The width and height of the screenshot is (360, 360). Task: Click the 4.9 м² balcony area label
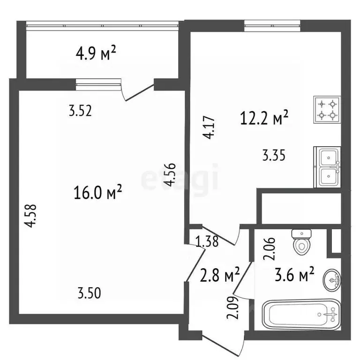click(96, 53)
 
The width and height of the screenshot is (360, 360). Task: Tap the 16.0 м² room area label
click(97, 192)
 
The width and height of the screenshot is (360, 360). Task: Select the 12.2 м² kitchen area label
click(264, 117)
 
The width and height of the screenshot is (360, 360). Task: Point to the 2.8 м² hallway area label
click(220, 274)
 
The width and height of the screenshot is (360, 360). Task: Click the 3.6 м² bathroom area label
click(294, 274)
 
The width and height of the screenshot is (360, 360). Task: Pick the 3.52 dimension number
click(80, 111)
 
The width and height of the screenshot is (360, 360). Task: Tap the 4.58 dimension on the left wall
click(31, 216)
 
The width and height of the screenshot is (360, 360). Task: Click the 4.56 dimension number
click(170, 174)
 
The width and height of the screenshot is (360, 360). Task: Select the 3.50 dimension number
click(90, 293)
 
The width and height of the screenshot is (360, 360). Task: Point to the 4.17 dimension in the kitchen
click(209, 127)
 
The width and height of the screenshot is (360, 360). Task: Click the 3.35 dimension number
click(274, 155)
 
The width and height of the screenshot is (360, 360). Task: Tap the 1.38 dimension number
click(207, 241)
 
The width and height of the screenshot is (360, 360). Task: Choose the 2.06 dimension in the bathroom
click(269, 249)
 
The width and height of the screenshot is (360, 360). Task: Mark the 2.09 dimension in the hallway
click(233, 308)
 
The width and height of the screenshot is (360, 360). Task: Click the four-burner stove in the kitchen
click(327, 110)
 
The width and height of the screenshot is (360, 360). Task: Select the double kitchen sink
click(327, 167)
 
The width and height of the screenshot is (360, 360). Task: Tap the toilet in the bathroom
click(301, 242)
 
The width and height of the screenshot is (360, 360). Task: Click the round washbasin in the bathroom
click(332, 280)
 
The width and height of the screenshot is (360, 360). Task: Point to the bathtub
click(301, 315)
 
